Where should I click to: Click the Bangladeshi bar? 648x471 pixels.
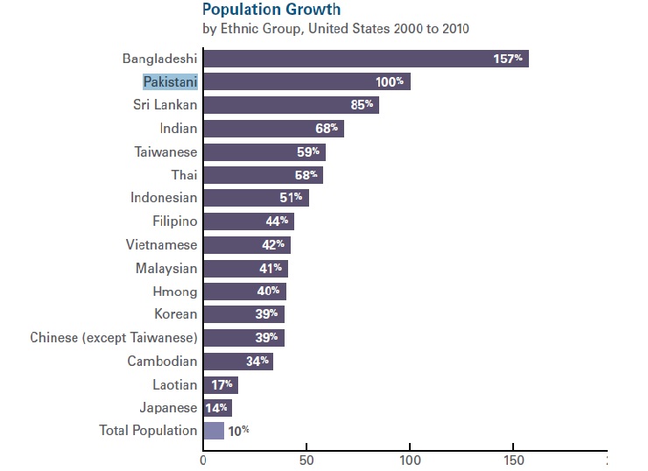(x=366, y=59)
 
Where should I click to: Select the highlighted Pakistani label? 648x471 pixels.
(x=171, y=81)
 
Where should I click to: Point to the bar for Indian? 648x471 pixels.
(x=273, y=129)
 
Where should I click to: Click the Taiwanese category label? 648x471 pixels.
(x=166, y=151)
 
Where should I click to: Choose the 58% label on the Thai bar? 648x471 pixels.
(x=306, y=175)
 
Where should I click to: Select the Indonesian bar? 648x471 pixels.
(x=256, y=198)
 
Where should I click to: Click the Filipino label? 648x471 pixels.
(x=175, y=221)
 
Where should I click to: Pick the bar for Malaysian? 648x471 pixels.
(x=245, y=268)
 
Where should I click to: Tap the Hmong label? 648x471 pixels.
(x=175, y=292)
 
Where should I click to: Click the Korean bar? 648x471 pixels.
(x=243, y=314)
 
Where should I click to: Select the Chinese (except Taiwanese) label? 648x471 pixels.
(x=114, y=338)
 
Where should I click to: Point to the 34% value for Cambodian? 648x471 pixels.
(x=258, y=361)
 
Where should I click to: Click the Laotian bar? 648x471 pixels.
(x=221, y=384)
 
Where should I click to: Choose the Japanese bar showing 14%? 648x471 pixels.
(x=217, y=407)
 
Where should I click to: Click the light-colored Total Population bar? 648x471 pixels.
(x=214, y=431)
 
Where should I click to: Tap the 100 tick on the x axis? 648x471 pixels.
(x=410, y=459)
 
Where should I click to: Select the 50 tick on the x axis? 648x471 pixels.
(x=306, y=459)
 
